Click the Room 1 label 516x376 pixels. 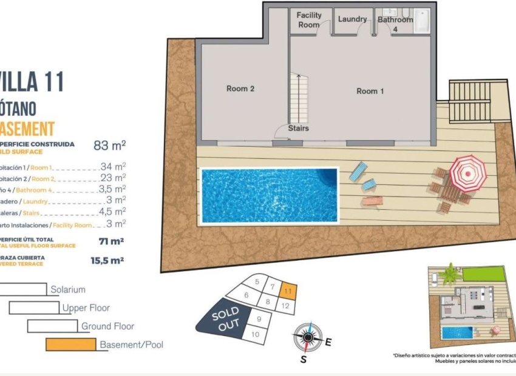point(370,91)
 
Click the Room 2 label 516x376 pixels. point(240,89)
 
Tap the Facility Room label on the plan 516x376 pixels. point(309,20)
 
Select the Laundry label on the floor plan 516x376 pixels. point(352,19)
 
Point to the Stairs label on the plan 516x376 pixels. point(298,129)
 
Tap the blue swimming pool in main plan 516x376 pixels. point(269,195)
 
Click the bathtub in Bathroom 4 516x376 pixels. point(421,21)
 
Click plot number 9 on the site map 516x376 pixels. point(259,318)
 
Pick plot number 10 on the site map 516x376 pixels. point(255,334)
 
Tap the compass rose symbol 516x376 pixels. point(308,337)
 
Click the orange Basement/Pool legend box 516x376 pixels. point(71,344)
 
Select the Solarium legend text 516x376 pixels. point(68,290)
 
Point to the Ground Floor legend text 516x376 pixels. point(108,326)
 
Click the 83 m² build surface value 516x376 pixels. point(109,145)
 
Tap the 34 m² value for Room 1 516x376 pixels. point(112,166)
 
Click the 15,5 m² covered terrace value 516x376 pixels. point(107,260)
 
